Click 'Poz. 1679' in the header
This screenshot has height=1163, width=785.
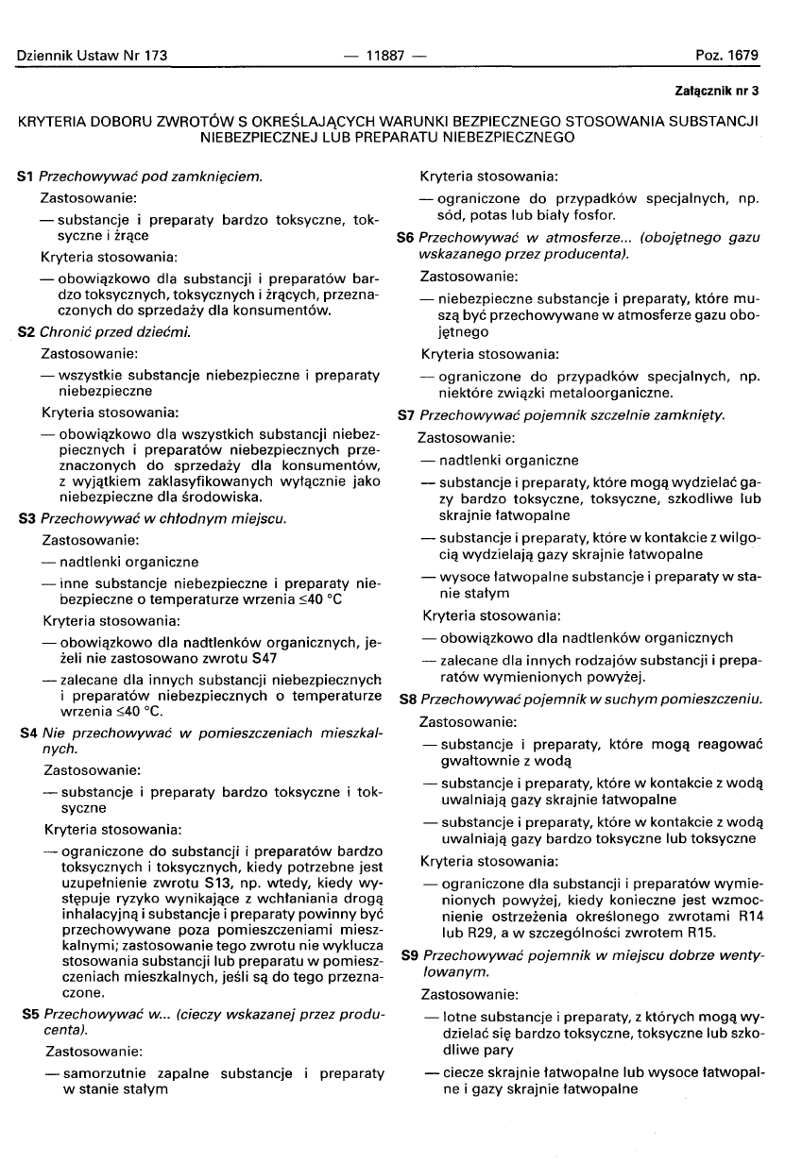pyautogui.click(x=726, y=56)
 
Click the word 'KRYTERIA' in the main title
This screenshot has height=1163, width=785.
pyautogui.click(x=60, y=121)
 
